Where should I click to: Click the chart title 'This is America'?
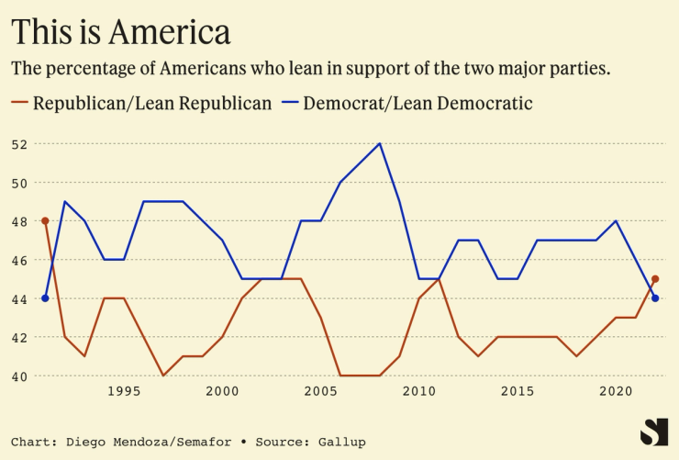[120, 32]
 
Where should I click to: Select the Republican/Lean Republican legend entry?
[141, 103]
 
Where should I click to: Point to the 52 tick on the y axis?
[19, 144]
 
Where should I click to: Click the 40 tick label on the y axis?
[19, 376]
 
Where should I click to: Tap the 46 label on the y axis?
[19, 260]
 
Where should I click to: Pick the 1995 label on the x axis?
[124, 391]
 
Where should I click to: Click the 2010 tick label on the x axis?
[419, 391]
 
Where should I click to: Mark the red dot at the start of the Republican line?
[45, 220]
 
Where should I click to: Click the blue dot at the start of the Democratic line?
[45, 297]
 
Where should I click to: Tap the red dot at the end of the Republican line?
[655, 278]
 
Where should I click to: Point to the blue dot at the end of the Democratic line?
[655, 297]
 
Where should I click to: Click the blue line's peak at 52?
[380, 143]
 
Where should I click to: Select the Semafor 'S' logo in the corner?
[653, 432]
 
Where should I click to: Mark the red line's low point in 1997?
[163, 375]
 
